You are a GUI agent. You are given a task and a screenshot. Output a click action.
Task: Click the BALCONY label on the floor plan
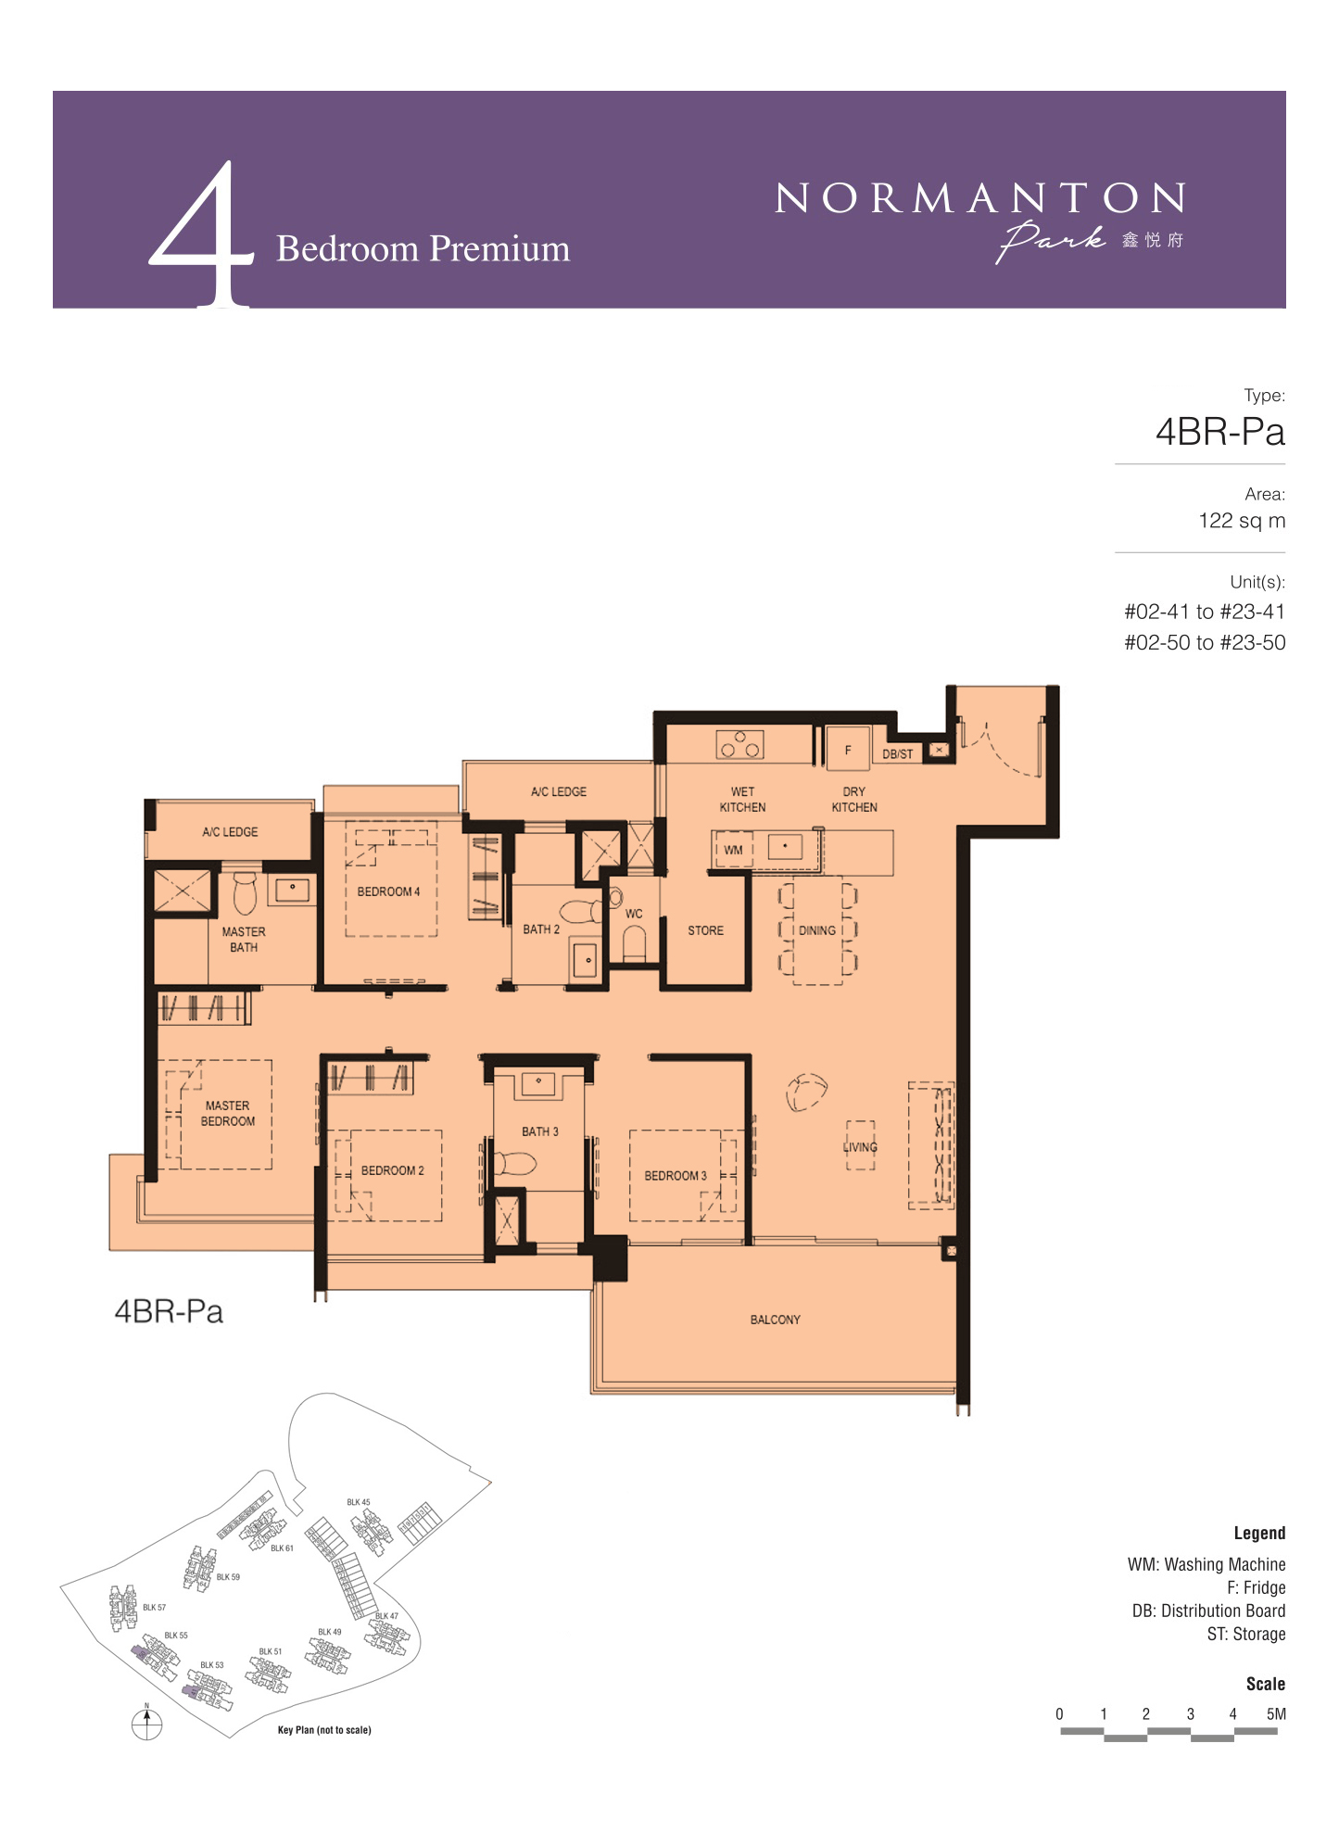[775, 1320]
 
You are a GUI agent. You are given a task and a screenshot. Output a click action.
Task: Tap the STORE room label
[705, 930]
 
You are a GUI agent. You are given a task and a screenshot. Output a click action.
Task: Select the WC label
[634, 914]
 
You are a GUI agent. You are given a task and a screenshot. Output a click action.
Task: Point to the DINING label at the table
[817, 930]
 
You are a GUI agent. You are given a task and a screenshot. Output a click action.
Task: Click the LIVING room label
[860, 1147]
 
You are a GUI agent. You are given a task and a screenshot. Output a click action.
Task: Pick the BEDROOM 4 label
[388, 891]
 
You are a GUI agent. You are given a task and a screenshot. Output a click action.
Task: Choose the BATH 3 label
[540, 1131]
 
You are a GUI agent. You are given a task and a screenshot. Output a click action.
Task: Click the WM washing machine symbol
[733, 850]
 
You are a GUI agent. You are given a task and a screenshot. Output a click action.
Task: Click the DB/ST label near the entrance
[897, 754]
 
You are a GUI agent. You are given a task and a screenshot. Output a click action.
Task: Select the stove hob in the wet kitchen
[739, 744]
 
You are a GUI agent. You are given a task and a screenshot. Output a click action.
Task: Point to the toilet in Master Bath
[244, 892]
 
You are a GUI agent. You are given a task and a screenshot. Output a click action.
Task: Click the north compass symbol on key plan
[146, 1724]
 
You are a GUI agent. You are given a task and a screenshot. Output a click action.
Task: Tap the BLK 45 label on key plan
[359, 1502]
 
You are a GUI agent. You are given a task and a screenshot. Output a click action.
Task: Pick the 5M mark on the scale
[1276, 1713]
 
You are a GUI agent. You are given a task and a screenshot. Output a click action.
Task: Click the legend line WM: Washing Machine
[1206, 1564]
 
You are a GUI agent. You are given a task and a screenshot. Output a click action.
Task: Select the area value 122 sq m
[1242, 521]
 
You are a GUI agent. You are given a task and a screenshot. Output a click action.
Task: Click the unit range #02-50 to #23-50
[1205, 642]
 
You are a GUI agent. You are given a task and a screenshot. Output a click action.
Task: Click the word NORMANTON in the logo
[979, 198]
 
